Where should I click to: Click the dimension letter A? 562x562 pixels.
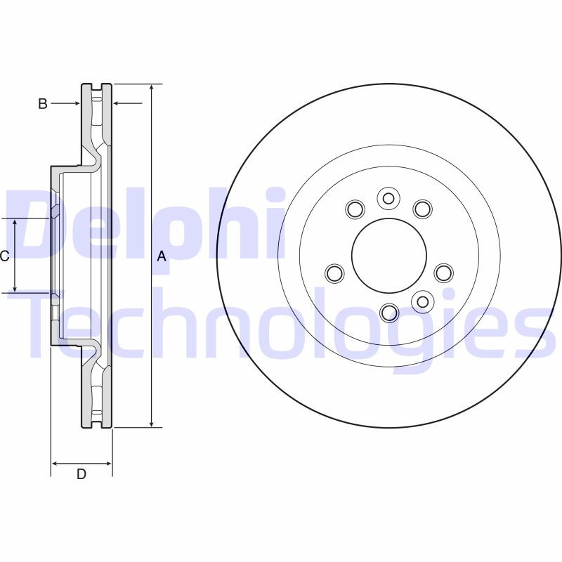[162, 256]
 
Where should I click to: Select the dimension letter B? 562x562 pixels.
[42, 104]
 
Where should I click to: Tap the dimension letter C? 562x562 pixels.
[4, 256]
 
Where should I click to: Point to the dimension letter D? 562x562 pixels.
[81, 474]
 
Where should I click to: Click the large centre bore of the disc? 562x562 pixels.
[389, 256]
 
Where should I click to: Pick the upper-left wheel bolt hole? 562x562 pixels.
[355, 209]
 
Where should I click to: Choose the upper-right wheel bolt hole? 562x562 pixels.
[421, 209]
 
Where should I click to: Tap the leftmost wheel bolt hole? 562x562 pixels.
[335, 273]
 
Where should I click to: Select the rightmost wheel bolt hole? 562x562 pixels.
[443, 273]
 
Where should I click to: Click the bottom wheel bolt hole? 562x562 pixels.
[389, 311]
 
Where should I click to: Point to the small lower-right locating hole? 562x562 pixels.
[421, 301]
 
